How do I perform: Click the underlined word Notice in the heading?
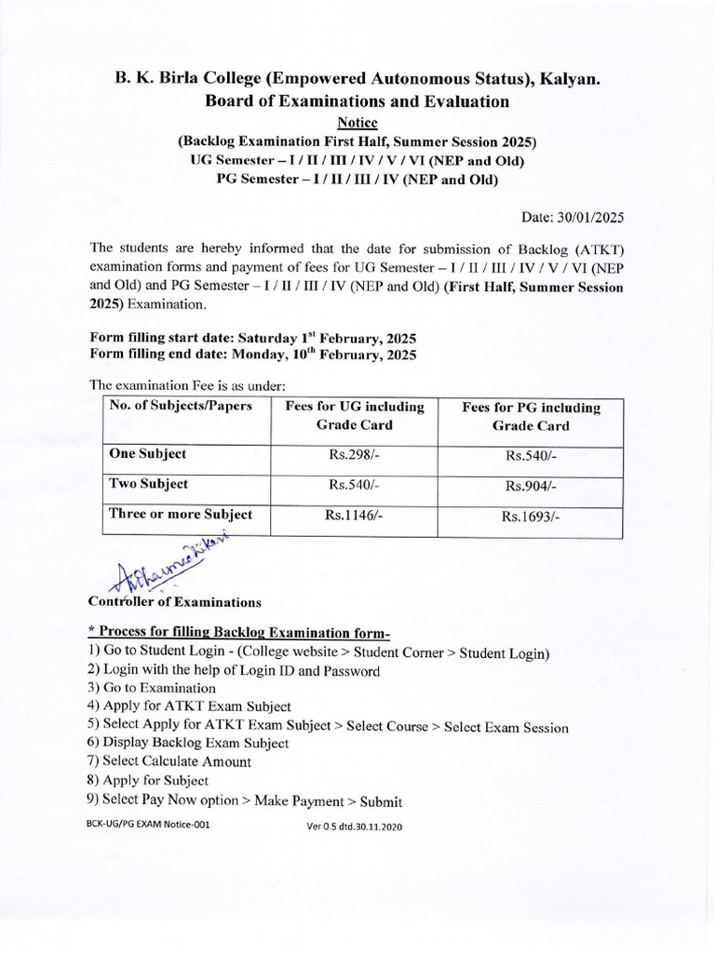[x=357, y=123]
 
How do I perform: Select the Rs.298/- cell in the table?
[x=354, y=455]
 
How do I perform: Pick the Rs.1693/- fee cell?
[x=531, y=517]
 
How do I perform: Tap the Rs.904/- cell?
[x=531, y=486]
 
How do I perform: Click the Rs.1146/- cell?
[x=354, y=516]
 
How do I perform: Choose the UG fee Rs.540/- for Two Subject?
[x=354, y=485]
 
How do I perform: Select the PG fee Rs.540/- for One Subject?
[x=531, y=456]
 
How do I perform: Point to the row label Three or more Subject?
[x=181, y=514]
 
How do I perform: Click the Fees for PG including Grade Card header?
[x=531, y=417]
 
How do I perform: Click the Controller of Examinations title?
[x=174, y=602]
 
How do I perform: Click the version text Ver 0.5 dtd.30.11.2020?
[x=355, y=826]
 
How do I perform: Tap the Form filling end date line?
[x=252, y=354]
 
